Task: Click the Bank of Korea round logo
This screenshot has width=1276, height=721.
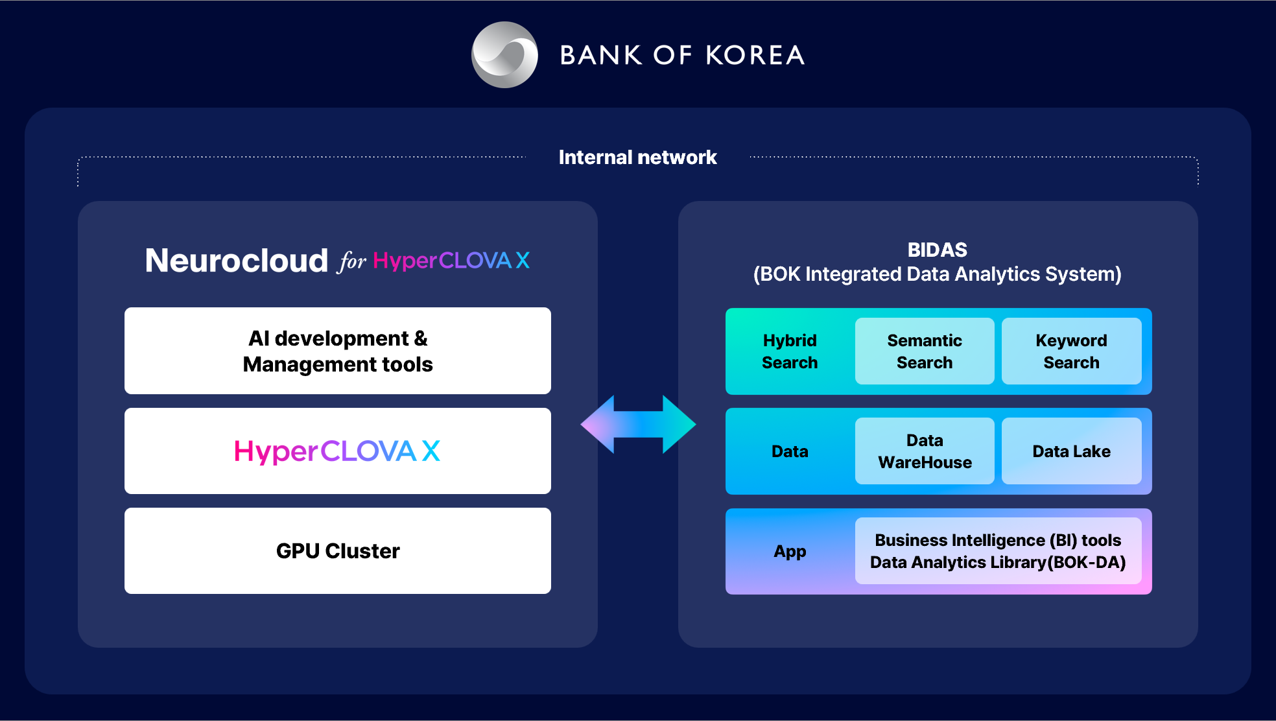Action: (504, 55)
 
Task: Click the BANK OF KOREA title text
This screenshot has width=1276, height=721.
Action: (682, 55)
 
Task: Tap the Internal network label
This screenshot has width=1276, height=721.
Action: (637, 157)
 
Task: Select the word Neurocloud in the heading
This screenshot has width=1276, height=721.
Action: (237, 261)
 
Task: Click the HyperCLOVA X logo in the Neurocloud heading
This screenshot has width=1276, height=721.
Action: (451, 261)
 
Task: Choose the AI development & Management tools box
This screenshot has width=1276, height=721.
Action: (338, 351)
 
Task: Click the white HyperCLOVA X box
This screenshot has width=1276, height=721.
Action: (338, 451)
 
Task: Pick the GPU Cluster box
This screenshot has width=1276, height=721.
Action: (338, 550)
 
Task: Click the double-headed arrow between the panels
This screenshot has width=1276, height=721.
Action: (638, 425)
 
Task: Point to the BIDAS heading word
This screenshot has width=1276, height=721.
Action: (938, 250)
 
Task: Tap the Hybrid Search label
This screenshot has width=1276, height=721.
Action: (790, 351)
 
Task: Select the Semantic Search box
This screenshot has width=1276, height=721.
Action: (925, 351)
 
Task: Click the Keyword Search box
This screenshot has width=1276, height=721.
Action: (1072, 351)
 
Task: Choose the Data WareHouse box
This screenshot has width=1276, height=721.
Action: (925, 451)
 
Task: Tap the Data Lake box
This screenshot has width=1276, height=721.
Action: (1072, 451)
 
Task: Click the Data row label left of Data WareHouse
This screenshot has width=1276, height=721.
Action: (790, 451)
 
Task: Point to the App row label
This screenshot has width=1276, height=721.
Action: (790, 552)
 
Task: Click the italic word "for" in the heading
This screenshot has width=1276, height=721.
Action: (351, 261)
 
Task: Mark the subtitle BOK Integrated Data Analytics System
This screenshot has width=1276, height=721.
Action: (938, 274)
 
